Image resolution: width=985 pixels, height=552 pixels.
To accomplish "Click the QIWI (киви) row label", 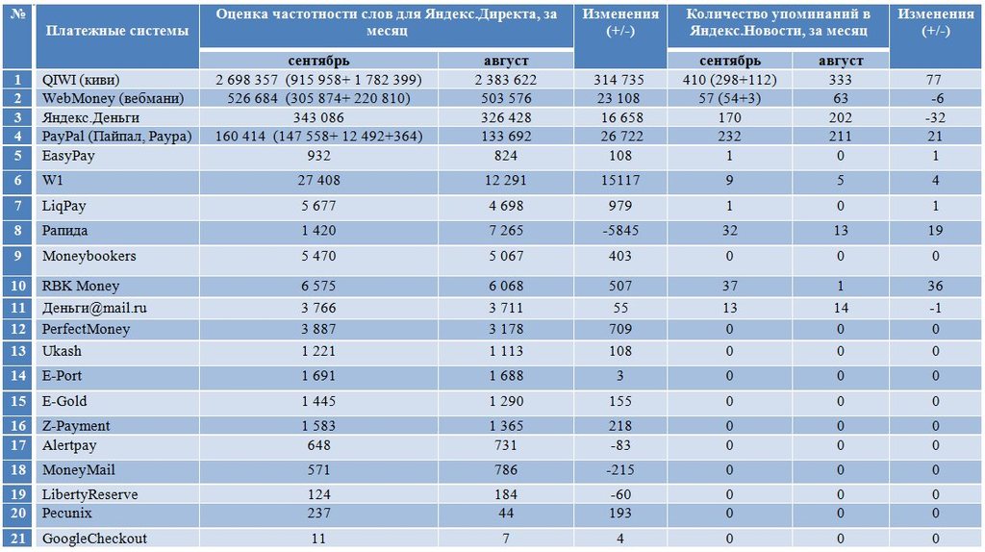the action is tap(81, 80).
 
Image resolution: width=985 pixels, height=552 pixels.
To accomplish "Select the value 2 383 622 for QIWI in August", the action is tap(506, 80).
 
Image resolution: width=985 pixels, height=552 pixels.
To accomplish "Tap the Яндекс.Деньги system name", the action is tap(90, 117).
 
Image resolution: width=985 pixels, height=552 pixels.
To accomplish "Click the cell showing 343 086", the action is tap(318, 117).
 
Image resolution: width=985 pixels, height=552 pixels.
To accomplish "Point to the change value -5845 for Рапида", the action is tap(620, 231).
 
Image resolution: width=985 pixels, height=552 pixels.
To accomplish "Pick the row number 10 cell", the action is tap(17, 286).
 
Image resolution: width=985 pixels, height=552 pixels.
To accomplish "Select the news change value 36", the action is tap(935, 286).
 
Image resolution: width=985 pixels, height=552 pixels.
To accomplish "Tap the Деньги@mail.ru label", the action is tap(94, 308).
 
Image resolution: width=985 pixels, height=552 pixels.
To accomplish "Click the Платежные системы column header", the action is tap(117, 30).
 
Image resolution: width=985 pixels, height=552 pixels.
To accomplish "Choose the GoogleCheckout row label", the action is tap(94, 539).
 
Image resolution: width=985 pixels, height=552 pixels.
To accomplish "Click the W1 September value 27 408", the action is tap(318, 180).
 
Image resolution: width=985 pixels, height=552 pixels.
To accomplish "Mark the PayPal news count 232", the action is tap(729, 137).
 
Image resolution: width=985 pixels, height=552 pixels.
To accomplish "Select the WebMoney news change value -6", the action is tap(935, 99).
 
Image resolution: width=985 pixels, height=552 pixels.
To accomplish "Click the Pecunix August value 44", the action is tap(506, 514).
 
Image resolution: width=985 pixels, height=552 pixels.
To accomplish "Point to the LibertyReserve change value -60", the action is tap(620, 494).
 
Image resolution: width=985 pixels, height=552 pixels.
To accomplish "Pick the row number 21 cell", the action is tap(17, 539).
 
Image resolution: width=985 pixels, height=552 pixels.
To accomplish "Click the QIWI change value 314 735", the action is tap(620, 80).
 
